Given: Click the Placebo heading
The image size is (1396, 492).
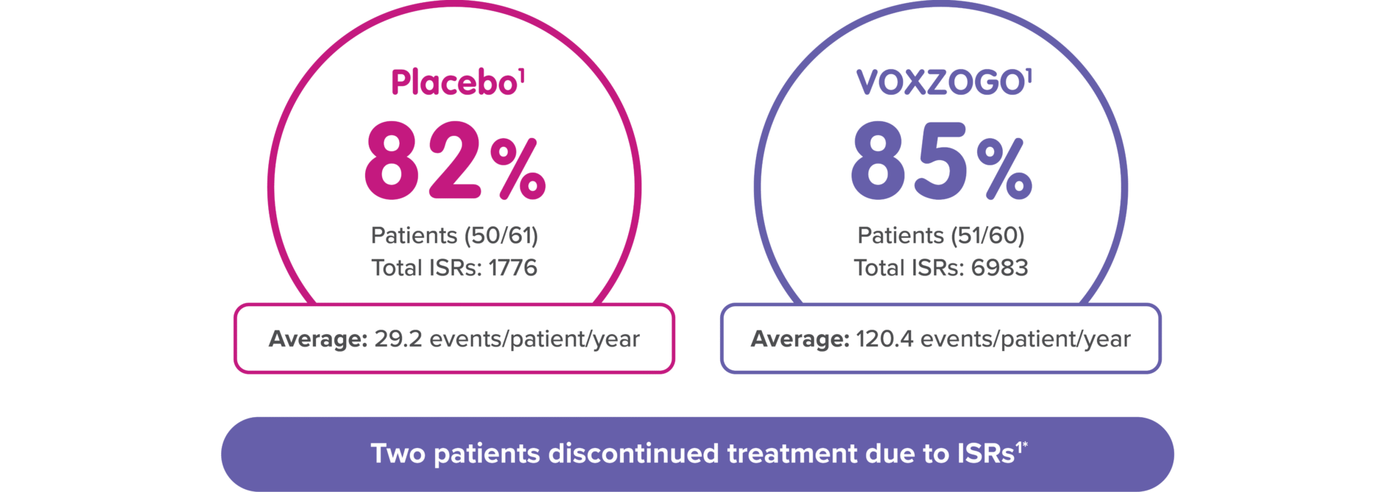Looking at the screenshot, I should point(454,83).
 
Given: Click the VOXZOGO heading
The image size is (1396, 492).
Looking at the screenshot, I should point(940,83).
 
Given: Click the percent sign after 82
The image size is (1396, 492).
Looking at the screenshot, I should point(518,170).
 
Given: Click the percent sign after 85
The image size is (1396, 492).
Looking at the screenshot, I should point(1004,170).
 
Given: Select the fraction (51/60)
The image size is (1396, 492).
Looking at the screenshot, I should point(987,236).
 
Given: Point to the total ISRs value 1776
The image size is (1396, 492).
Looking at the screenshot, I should point(513,268).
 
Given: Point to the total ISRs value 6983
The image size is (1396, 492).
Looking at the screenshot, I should point(999,268).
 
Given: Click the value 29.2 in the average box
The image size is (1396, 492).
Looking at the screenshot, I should point(398,339).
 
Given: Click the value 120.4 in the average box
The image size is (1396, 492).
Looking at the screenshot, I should point(885,339).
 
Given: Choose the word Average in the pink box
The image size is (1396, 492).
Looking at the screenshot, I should point(318,339).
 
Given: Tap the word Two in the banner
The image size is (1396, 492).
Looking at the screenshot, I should point(397,454).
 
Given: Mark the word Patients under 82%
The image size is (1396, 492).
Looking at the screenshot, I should point(414,236).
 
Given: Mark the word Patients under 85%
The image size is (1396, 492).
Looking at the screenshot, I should point(900,236).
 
